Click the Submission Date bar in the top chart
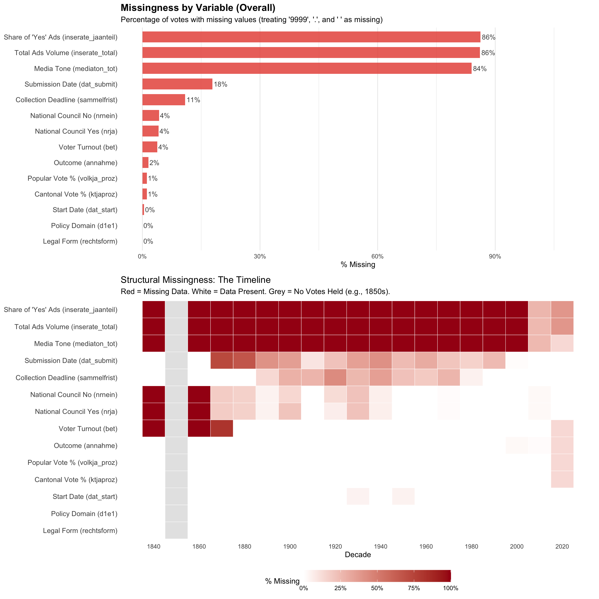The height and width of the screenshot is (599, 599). [177, 84]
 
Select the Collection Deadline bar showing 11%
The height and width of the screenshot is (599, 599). [164, 100]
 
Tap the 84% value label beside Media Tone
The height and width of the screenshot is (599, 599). [480, 69]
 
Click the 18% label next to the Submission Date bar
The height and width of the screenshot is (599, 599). [220, 84]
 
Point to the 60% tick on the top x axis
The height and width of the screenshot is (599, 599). [377, 256]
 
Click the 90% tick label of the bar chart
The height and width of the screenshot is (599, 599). [495, 256]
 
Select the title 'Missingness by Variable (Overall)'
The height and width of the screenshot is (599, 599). [198, 8]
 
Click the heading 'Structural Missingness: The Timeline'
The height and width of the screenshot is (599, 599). [195, 280]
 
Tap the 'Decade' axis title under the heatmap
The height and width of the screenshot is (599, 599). [358, 555]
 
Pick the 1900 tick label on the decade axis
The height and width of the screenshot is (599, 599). [290, 546]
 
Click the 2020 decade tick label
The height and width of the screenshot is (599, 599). [562, 546]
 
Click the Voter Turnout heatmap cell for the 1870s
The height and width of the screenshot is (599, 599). [222, 428]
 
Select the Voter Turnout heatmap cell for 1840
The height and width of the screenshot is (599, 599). [154, 428]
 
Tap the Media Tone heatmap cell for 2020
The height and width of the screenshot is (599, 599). [562, 343]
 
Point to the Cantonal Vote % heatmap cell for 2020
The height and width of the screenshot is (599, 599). [562, 480]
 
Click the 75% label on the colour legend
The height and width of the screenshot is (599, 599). [414, 588]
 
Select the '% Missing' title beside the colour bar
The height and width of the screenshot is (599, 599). [282, 581]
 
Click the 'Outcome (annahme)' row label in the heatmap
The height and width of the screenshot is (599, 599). [86, 446]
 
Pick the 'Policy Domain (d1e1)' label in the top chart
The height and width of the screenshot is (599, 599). [84, 226]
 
